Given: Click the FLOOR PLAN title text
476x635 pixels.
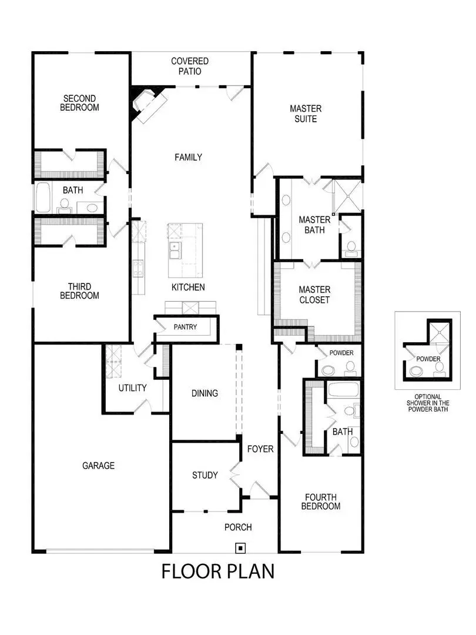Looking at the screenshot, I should (217, 571).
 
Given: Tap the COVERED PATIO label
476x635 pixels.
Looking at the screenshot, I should (190, 66).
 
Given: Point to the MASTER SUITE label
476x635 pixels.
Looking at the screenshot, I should (306, 113).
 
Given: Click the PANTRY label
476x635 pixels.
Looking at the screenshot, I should (185, 327).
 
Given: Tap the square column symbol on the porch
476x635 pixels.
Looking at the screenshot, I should (240, 548).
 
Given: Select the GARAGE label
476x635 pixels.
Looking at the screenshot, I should (98, 466).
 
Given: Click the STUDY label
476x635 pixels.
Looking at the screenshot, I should (205, 475).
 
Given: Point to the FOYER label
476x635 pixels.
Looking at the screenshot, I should (260, 449).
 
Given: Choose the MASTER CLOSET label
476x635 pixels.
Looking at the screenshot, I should (314, 295).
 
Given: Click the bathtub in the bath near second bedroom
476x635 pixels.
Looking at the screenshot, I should (43, 198).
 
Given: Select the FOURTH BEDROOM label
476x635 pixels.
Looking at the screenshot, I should (321, 501).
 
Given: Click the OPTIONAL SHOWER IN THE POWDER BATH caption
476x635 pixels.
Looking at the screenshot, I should (427, 403).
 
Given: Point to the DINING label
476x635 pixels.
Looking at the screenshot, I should (205, 393).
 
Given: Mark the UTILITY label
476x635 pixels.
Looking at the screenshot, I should (132, 388).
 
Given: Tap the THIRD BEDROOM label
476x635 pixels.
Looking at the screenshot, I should (79, 291).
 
